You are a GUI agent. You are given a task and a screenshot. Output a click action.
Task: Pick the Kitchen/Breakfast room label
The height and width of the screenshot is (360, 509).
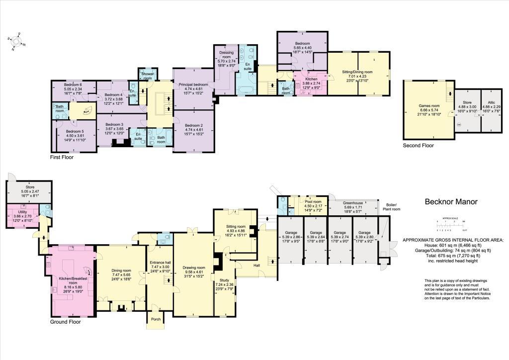[71, 279]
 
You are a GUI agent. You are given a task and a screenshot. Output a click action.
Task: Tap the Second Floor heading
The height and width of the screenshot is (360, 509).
[418, 146]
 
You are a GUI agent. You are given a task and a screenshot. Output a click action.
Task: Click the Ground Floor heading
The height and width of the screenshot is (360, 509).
[67, 322]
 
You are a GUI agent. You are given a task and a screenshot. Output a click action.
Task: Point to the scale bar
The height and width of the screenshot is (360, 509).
[450, 225]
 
